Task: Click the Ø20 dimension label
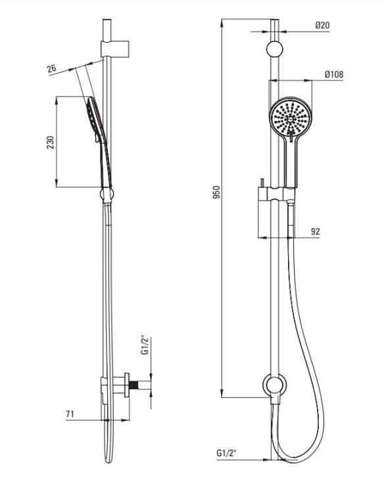(322, 25)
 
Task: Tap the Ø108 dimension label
(334, 74)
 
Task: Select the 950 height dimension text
(216, 192)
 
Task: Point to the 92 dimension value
(315, 231)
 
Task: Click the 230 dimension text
(51, 143)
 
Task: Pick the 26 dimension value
(51, 68)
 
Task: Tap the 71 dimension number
(70, 413)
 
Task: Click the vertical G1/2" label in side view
(145, 345)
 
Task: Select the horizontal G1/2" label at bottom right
(226, 453)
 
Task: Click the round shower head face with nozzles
(290, 116)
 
